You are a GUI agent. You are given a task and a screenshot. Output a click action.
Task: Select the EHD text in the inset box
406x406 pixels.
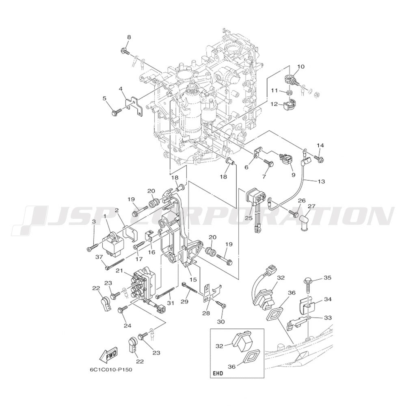pyautogui.click(x=218, y=374)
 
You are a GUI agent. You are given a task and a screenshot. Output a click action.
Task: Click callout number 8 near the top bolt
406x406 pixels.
pyautogui.click(x=129, y=37)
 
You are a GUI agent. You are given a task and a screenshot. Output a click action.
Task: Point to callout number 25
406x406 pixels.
pyautogui.click(x=249, y=218)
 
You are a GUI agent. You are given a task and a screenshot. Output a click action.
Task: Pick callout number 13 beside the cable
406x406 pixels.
pyautogui.click(x=321, y=181)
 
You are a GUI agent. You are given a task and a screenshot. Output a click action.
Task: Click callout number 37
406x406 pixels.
pyautogui.click(x=99, y=256)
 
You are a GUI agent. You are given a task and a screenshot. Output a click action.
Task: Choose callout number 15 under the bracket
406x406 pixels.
pyautogui.click(x=193, y=280)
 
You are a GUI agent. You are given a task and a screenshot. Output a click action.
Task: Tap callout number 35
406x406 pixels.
pyautogui.click(x=328, y=278)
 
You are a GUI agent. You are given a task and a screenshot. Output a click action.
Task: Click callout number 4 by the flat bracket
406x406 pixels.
pyautogui.click(x=121, y=89)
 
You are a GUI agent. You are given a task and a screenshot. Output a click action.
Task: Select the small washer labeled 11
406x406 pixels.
pyautogui.click(x=289, y=93)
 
